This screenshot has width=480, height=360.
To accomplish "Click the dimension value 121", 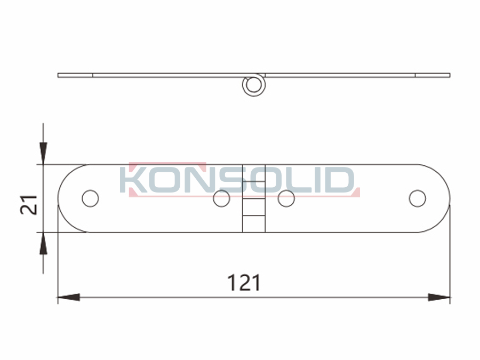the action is point(244,283).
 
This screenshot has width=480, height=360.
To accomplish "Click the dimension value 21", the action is point(28,204).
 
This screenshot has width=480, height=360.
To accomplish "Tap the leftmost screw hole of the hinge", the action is point(90,198).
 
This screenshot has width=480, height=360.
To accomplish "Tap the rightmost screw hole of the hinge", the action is point(417,198).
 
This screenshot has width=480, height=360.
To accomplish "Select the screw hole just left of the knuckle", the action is point(222,198).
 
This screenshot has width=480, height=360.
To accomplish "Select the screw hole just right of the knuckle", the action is point(286,198).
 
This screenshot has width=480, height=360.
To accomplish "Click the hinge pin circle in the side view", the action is point(254,85).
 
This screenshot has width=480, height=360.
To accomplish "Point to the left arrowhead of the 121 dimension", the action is point(69,297).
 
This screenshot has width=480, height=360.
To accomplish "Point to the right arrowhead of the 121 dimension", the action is point(439,297).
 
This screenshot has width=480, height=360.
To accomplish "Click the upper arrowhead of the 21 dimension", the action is point(44,154).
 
